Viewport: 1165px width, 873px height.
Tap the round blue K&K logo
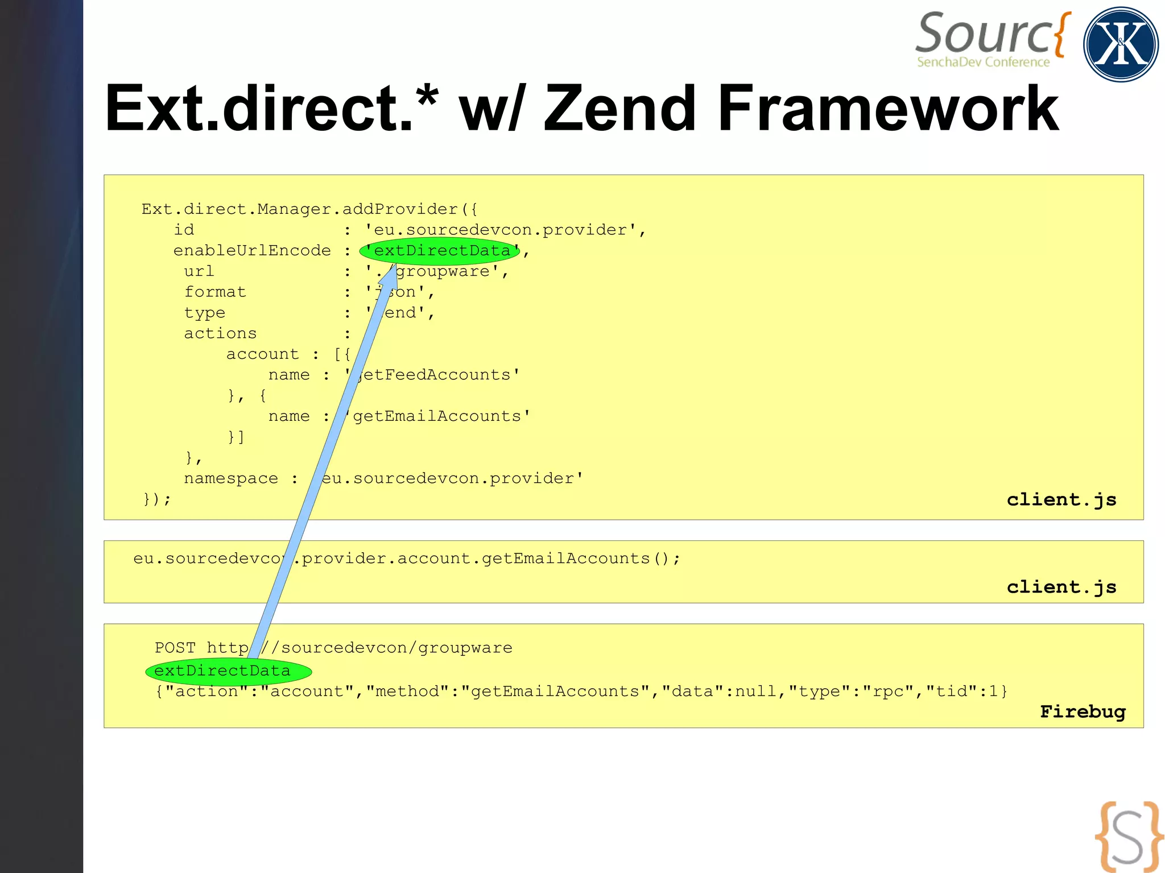tap(1121, 44)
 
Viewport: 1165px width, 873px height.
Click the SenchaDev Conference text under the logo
tap(983, 62)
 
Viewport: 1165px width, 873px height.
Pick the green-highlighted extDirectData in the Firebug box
tap(228, 671)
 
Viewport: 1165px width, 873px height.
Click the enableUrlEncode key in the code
tap(252, 251)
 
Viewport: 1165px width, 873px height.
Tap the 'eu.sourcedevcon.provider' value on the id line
tap(501, 230)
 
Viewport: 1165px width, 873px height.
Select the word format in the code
tap(215, 292)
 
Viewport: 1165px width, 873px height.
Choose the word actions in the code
tap(220, 334)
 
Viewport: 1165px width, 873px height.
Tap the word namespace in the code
tap(231, 479)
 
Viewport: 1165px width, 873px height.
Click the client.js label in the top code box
tap(1061, 499)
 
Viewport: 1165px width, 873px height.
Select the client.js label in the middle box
tap(1061, 587)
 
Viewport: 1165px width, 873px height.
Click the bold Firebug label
tap(1083, 711)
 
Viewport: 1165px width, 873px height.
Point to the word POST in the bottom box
tap(175, 648)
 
